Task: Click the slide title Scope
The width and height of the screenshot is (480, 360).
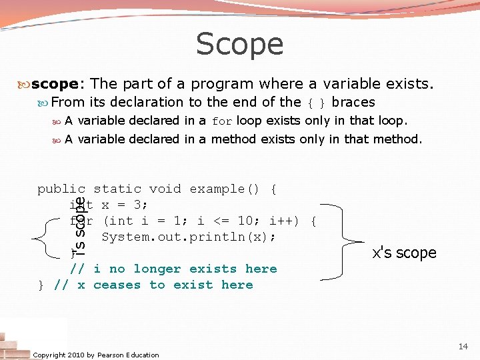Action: coord(239,45)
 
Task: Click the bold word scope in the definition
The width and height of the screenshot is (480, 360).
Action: coord(55,84)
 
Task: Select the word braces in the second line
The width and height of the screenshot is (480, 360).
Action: coord(353,102)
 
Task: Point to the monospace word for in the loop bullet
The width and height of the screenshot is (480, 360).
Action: coord(222,121)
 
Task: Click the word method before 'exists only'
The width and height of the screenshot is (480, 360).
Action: coord(233,139)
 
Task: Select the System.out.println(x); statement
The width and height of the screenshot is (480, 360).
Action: coord(189,237)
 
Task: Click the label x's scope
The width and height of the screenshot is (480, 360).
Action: coord(404,253)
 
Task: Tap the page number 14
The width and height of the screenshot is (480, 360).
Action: coord(463,347)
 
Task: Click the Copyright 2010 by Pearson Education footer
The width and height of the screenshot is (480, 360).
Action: coord(96,355)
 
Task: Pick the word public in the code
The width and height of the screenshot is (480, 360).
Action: coord(61,189)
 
